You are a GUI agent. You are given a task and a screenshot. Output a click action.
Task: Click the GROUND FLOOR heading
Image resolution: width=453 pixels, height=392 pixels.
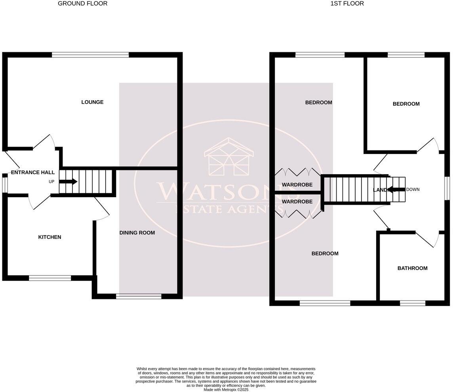(x=82, y=4)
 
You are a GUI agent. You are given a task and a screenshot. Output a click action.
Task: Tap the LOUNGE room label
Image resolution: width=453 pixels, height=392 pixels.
(x=92, y=102)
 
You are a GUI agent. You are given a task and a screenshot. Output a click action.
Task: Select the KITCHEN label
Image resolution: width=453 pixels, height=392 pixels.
(x=49, y=237)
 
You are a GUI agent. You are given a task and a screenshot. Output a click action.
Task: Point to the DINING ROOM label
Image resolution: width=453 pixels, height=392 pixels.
(x=137, y=233)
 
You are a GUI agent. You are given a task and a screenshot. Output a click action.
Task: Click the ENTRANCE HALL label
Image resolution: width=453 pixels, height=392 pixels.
(x=32, y=173)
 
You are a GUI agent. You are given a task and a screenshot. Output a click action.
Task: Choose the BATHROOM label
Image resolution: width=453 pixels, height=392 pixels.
(x=412, y=268)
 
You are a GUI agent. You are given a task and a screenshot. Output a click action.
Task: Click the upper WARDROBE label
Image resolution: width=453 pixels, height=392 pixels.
(x=297, y=185)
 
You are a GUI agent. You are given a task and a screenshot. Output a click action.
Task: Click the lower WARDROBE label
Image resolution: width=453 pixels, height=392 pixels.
(x=297, y=202)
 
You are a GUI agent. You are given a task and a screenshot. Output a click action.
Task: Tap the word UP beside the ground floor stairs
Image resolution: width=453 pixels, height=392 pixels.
(x=51, y=182)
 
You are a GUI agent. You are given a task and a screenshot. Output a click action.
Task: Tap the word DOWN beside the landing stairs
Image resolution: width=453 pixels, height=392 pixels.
(x=413, y=190)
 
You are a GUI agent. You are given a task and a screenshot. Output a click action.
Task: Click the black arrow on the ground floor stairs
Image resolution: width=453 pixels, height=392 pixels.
(x=68, y=182)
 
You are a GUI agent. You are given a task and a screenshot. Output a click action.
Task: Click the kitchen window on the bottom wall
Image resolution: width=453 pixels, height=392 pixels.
(x=50, y=278)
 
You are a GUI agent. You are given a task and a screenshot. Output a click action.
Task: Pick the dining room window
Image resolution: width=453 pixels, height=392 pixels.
(x=139, y=296)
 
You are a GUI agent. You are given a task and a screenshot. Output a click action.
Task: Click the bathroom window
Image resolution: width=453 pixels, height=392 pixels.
(x=412, y=303)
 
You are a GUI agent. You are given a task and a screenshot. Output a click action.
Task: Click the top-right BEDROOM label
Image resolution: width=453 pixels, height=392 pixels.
(x=406, y=104)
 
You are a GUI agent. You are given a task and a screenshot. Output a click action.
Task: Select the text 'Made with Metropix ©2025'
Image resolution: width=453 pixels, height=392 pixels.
(x=226, y=390)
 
